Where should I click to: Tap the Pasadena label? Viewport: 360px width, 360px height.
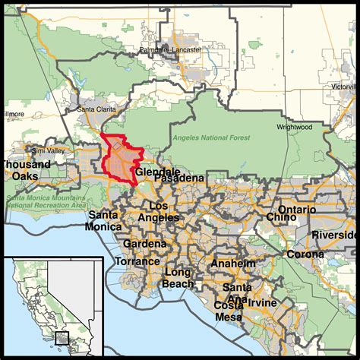coord(181,178)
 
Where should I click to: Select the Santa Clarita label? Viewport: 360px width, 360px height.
coord(96,109)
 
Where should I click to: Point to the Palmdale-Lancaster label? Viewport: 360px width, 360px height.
coord(170,50)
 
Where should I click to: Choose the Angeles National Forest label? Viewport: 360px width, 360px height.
coord(210,137)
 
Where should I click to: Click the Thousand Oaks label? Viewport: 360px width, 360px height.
coord(24,169)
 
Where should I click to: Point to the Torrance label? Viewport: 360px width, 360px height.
coord(137,261)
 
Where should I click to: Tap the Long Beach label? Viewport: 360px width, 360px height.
coord(178,278)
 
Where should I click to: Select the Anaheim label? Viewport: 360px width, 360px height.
coord(233,263)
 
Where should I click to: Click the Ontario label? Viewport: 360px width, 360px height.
coord(295,209)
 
